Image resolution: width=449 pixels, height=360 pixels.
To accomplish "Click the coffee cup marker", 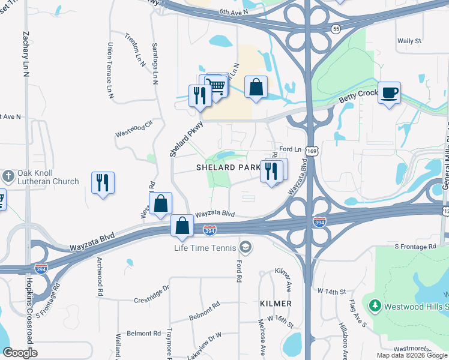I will [x=390, y=93].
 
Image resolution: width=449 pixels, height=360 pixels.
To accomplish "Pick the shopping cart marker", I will [x=216, y=86].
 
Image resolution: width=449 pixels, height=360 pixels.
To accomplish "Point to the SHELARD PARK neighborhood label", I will [x=229, y=168].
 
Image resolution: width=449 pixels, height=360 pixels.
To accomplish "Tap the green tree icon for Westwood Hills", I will [x=375, y=306].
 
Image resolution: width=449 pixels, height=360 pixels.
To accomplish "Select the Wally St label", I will [x=409, y=41].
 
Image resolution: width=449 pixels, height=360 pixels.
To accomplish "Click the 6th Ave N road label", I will [x=234, y=11].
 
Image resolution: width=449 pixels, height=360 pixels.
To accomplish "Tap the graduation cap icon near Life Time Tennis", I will [x=244, y=247].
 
